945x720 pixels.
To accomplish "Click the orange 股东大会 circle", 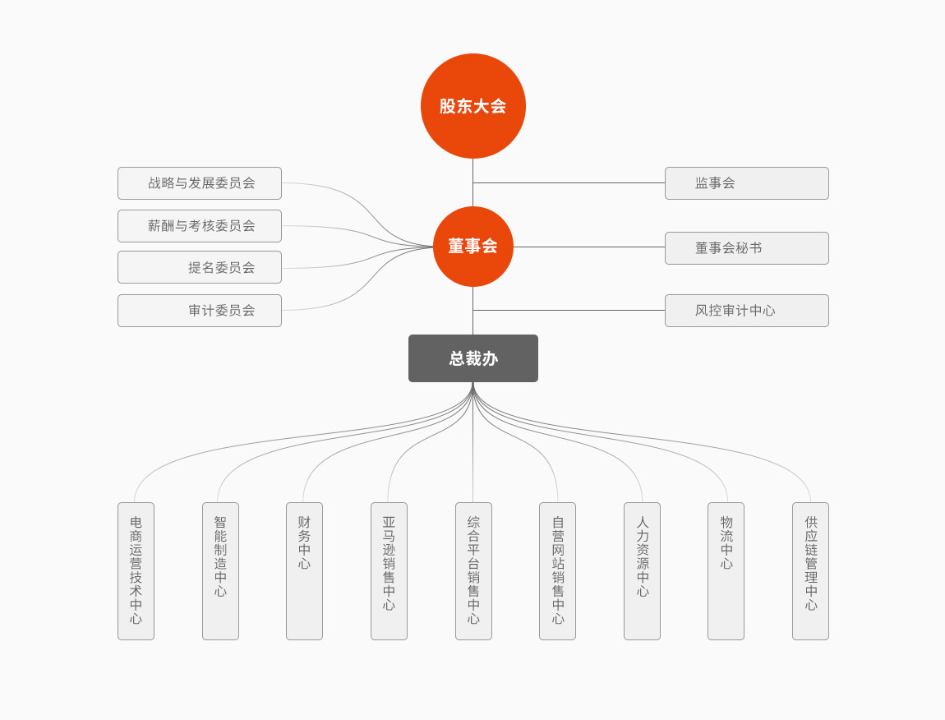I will pos(472,106).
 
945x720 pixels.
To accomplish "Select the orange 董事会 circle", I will pos(472,247).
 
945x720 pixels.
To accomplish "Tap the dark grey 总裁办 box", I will pos(472,358).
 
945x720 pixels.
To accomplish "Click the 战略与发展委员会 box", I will pos(200,183).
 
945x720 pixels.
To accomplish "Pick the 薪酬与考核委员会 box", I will pos(200,226).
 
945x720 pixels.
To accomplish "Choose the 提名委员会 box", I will pos(200,267).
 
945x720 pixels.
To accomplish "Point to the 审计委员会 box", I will pos(200,311).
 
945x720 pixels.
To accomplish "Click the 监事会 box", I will pos(746,183).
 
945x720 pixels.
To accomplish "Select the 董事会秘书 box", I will pos(746,248).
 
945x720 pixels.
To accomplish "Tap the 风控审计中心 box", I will pos(746,311).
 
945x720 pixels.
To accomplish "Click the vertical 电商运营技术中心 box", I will pos(136,571).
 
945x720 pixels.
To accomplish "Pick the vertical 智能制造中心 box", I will pos(220,571).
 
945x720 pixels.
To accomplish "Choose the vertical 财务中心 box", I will pos(304,571).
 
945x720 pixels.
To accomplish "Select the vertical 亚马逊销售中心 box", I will pos(389,571).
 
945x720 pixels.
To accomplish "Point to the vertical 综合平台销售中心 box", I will pos(473,571).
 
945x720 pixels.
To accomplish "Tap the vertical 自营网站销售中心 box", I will pos(557,571).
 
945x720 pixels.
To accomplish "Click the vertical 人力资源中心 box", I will pos(642,571).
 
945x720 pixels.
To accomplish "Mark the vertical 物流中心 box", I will pos(726,571).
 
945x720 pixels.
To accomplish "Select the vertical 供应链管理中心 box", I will pos(810,571).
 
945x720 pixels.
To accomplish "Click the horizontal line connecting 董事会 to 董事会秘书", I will pos(588,247).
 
